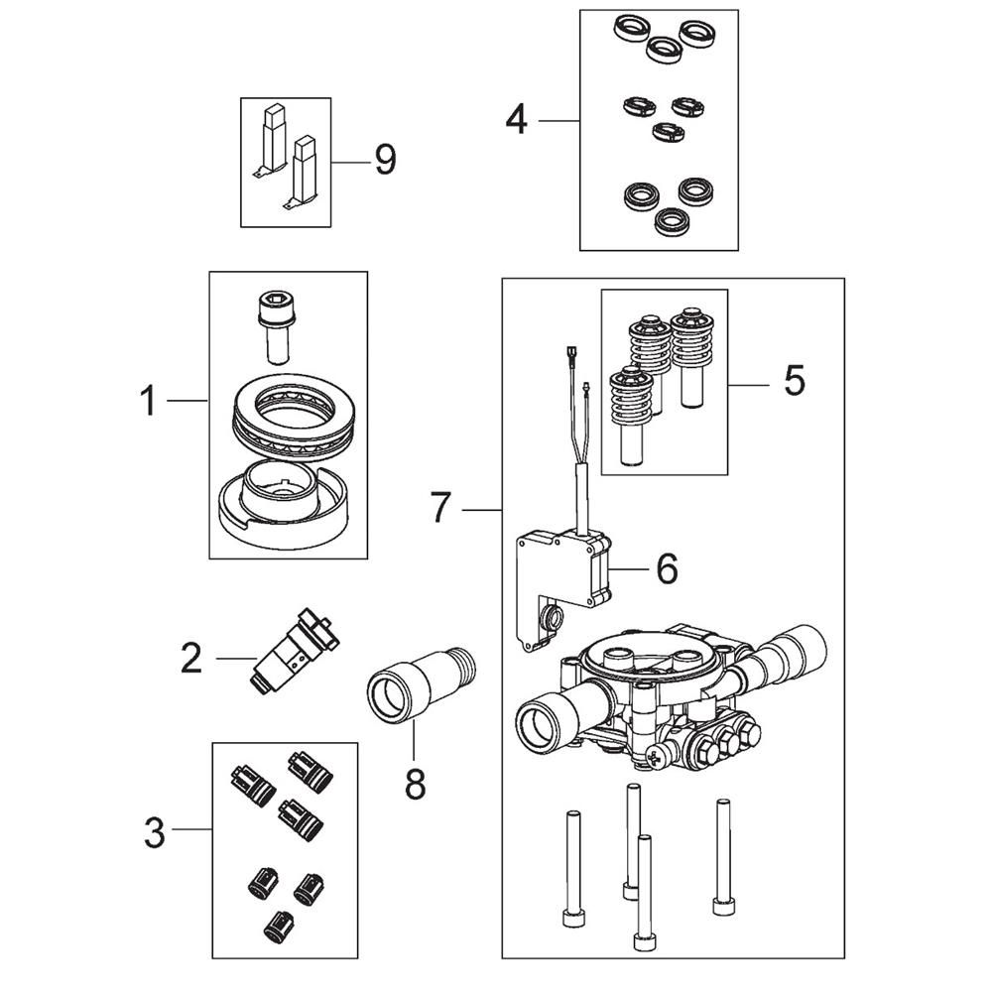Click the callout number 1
(x=148, y=401)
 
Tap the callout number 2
(x=191, y=659)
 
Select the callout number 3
(x=155, y=832)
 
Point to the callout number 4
(x=516, y=120)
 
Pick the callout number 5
(x=795, y=380)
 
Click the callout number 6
(x=668, y=568)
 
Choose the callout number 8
(x=415, y=785)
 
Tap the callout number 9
(x=385, y=160)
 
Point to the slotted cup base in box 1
(x=282, y=504)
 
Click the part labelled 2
(x=296, y=652)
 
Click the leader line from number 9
(x=351, y=163)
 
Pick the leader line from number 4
(x=559, y=120)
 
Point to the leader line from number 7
(x=482, y=509)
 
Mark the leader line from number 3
(x=191, y=829)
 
